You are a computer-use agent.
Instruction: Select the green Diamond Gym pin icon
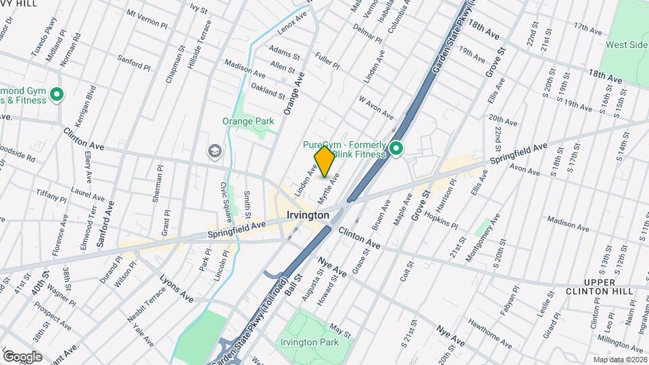point(57,95)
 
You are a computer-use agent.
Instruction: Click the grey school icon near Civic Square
point(215,150)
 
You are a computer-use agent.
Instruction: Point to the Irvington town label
point(308,215)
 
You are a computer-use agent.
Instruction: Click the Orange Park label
point(248,122)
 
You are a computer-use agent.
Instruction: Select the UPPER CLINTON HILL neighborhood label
point(600,287)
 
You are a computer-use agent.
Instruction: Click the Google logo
point(22,356)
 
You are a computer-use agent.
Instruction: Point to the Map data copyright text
point(619,360)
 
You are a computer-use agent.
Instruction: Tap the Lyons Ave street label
point(176,289)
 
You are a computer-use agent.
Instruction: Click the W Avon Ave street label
point(377,105)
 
